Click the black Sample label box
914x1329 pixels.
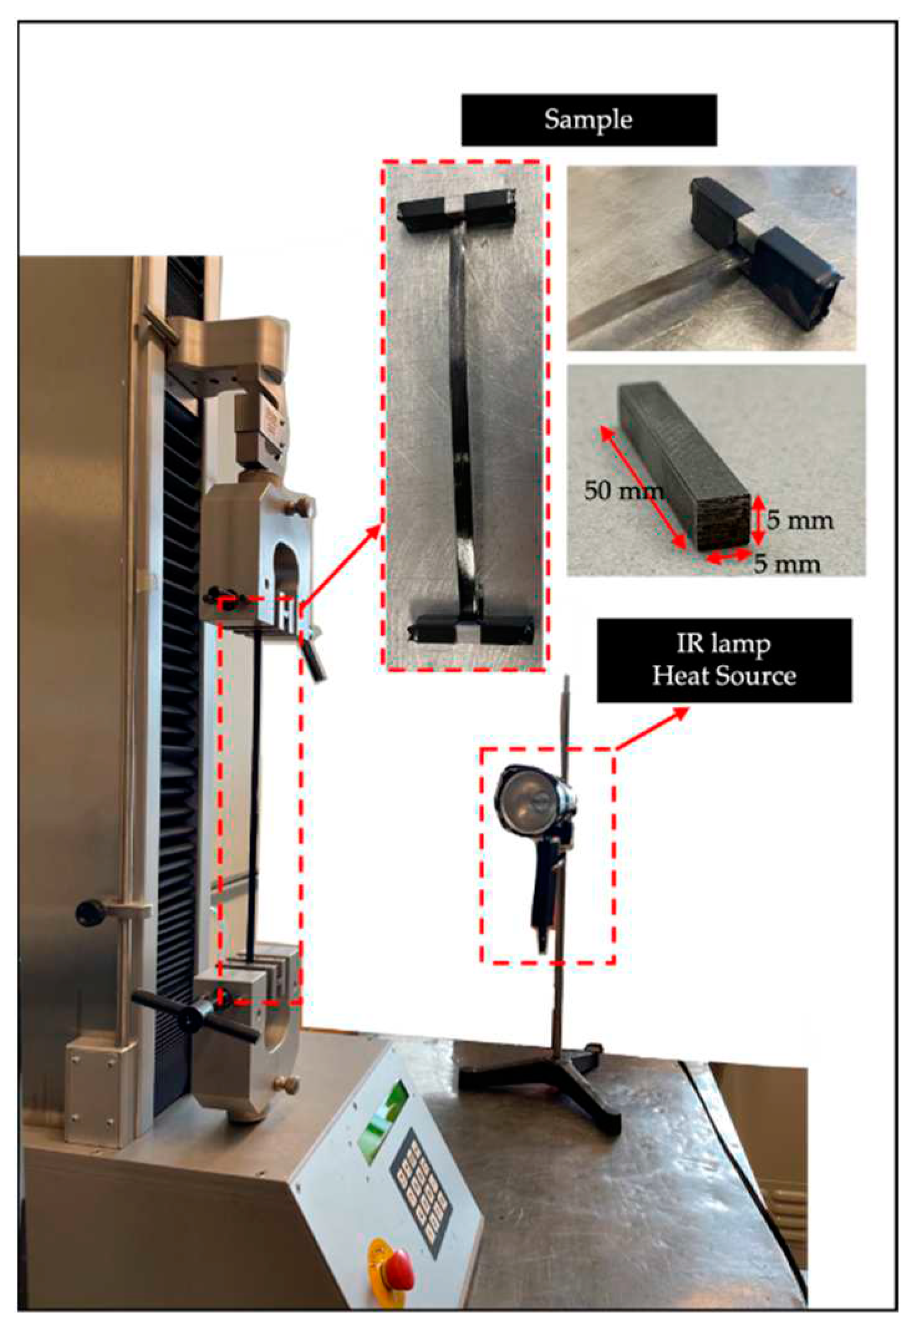pos(588,120)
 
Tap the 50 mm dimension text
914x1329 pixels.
pos(622,491)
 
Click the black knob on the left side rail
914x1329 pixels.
pos(89,912)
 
